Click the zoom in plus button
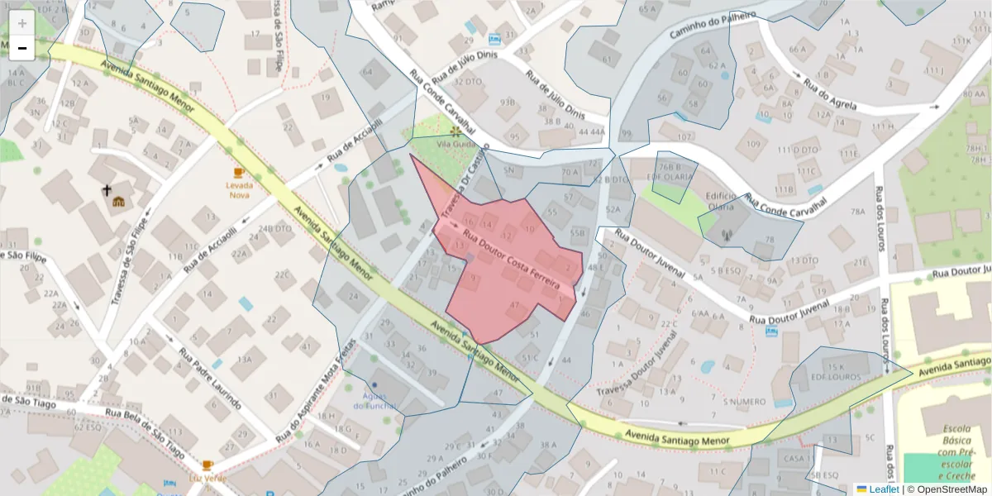click(x=22, y=23)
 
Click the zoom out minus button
click(x=22, y=48)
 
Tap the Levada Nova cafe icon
click(x=239, y=173)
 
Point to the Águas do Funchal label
click(x=374, y=400)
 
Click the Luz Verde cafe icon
click(x=207, y=465)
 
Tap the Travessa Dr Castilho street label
click(x=454, y=194)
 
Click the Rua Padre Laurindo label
click(x=210, y=379)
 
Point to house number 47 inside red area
click(x=514, y=306)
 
